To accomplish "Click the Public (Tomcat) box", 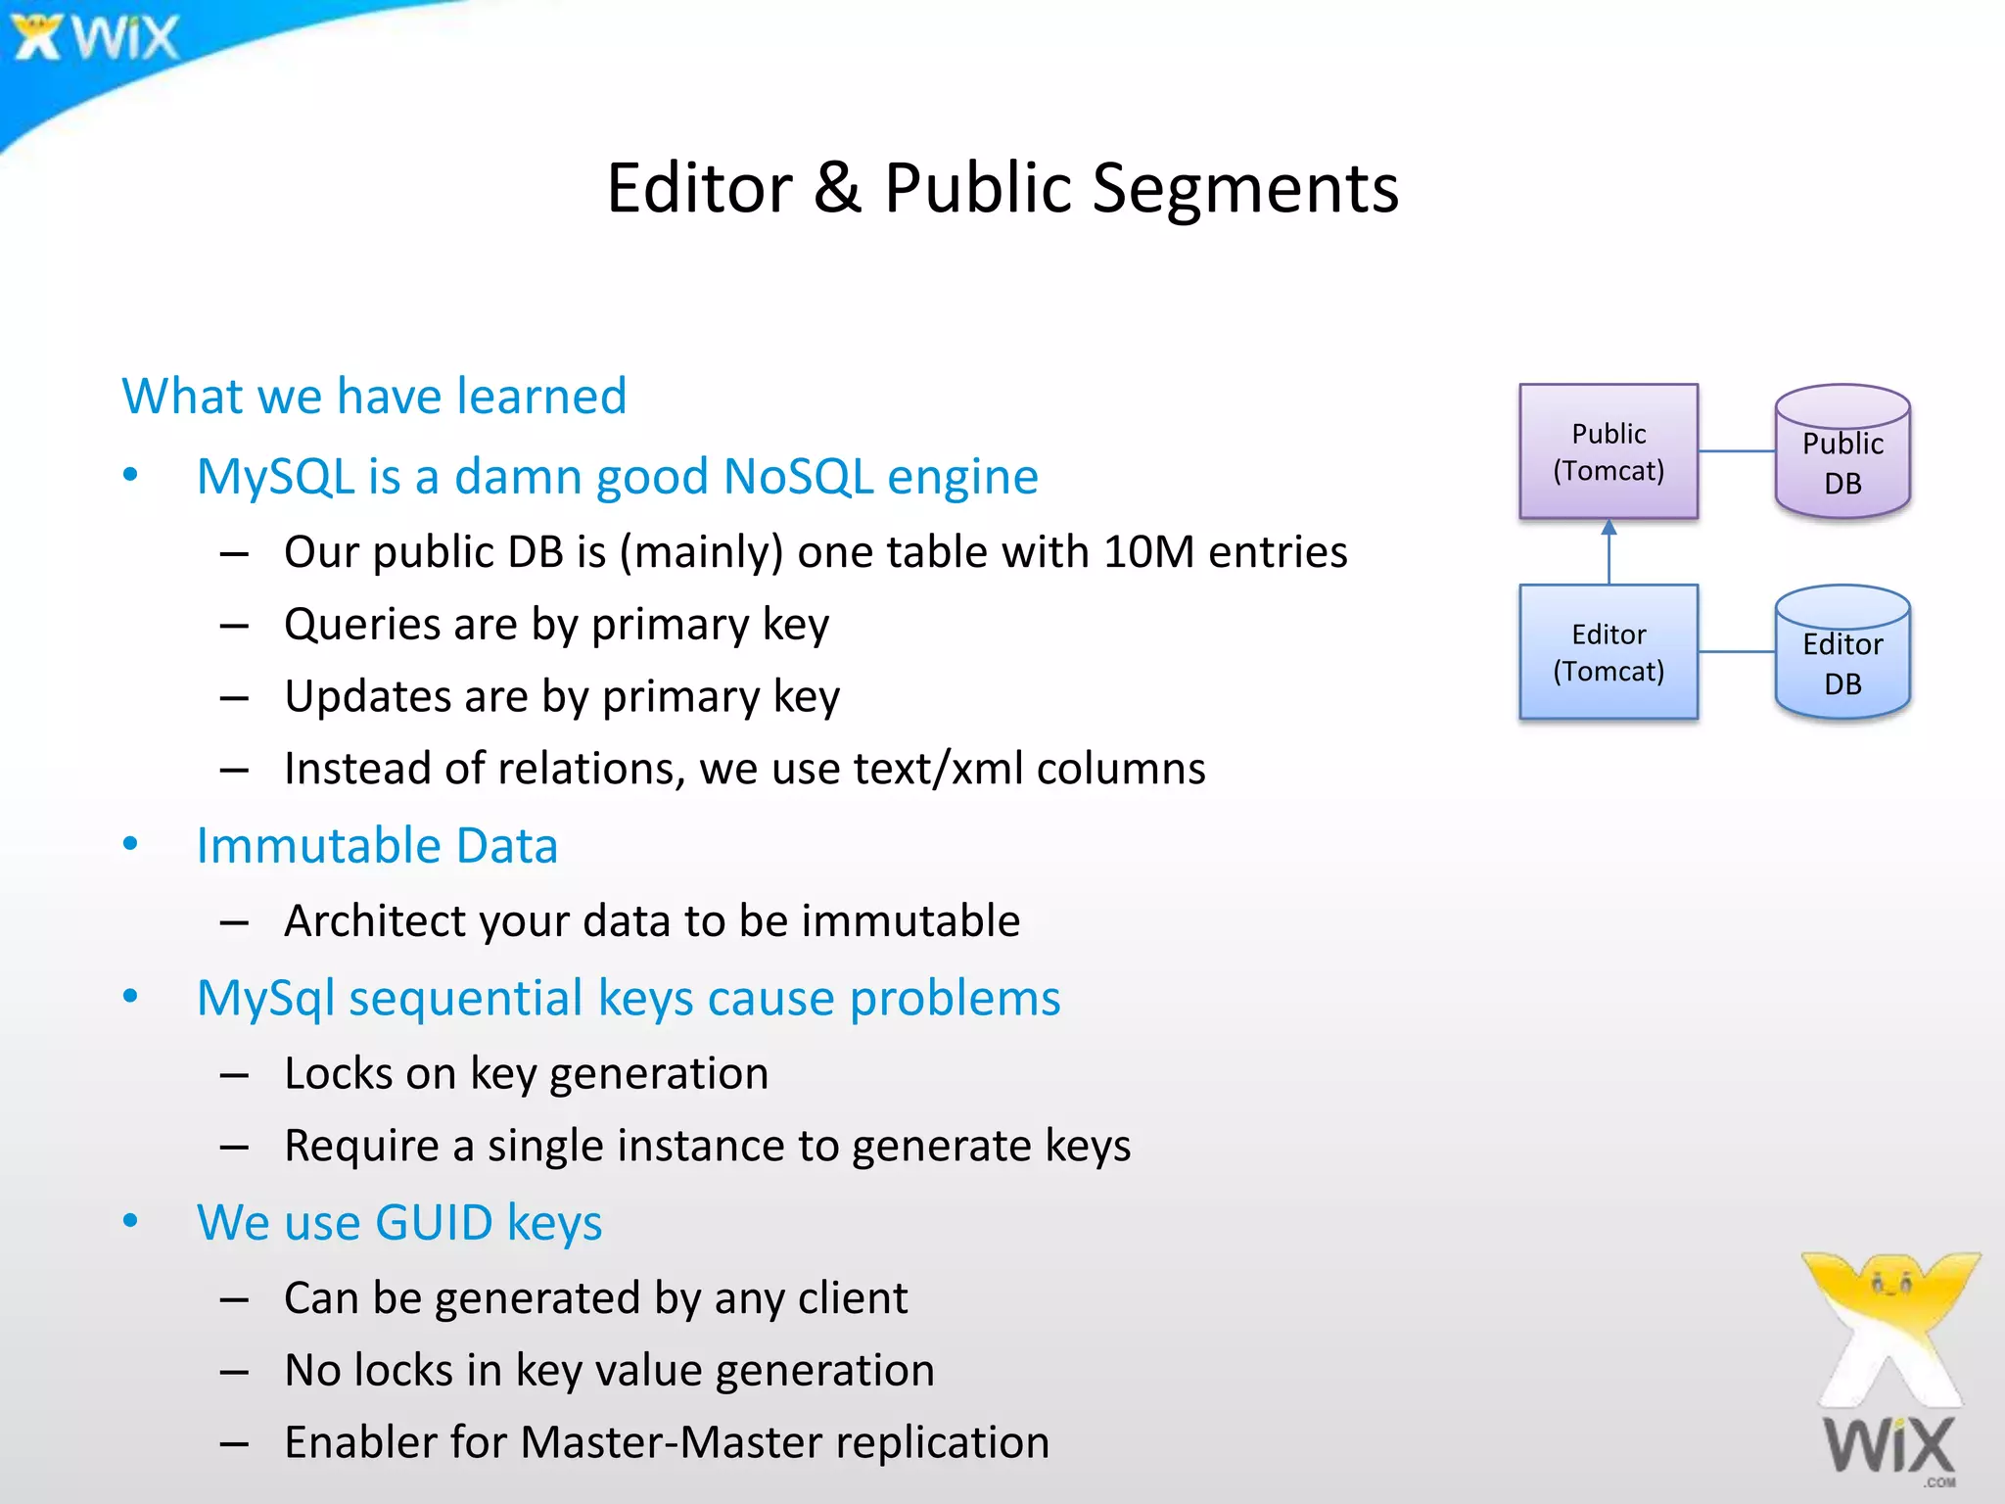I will tap(1608, 451).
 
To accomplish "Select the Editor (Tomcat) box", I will tap(1608, 652).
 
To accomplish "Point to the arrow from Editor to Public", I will tap(1609, 552).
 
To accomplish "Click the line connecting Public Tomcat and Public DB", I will tap(1736, 451).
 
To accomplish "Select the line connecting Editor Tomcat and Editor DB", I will tap(1736, 652).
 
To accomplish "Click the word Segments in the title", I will tap(1244, 188).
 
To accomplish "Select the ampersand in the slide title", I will tap(837, 188).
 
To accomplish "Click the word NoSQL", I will tap(797, 477).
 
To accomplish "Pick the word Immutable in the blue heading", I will tap(317, 845).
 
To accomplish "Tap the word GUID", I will tap(434, 1223).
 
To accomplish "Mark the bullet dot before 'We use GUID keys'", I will tap(130, 1220).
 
